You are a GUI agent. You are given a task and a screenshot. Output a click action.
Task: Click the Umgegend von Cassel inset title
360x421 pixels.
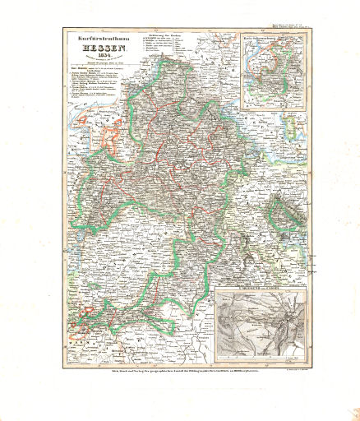(260, 296)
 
